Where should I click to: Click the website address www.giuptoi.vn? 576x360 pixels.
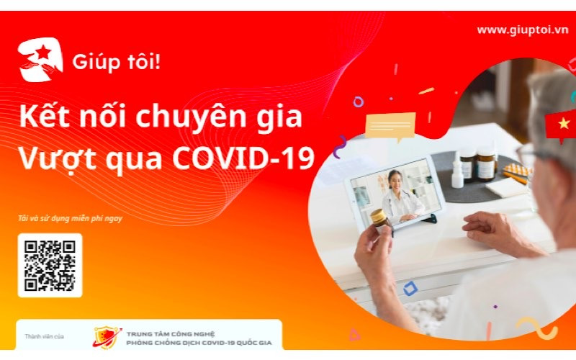pos(522,30)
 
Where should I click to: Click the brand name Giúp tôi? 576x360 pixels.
pos(116,62)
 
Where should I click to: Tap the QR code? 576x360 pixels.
pos(50,265)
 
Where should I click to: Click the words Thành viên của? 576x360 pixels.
pos(45,336)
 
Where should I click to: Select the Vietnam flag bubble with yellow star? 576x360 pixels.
pos(562,124)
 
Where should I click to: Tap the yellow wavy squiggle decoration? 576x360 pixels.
pos(536,326)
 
